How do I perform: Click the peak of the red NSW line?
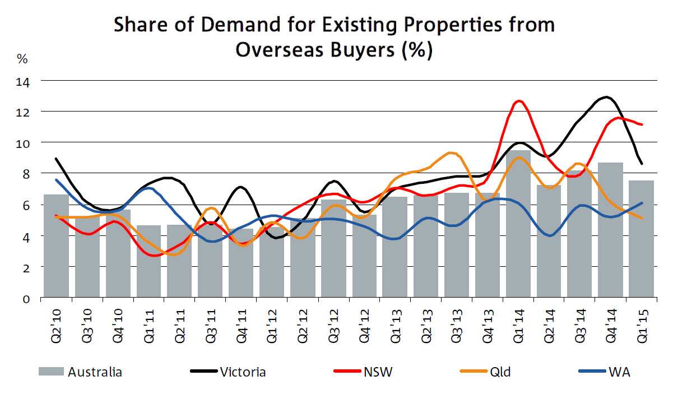tap(519, 101)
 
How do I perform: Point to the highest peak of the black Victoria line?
tap(607, 98)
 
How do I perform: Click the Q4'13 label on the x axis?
tap(488, 323)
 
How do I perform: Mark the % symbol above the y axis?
tap(22, 58)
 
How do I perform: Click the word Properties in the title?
tap(396, 25)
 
